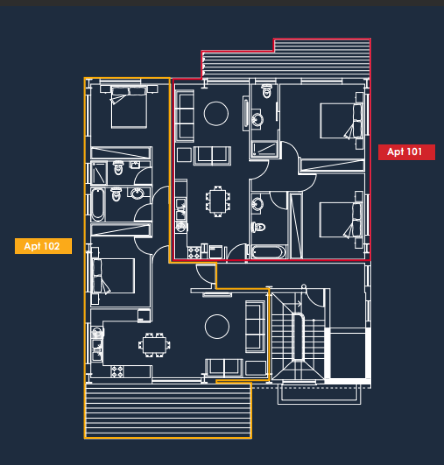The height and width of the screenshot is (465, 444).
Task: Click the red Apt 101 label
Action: click(x=406, y=152)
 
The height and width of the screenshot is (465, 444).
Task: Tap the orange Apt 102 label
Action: click(x=43, y=246)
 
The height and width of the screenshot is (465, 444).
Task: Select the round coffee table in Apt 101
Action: click(x=216, y=114)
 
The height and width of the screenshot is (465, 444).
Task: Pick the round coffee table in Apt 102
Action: click(x=217, y=326)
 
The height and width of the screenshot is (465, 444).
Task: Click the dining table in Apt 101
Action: click(x=218, y=201)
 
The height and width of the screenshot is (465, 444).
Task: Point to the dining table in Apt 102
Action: click(x=154, y=345)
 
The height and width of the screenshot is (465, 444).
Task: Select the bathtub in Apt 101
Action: click(x=268, y=252)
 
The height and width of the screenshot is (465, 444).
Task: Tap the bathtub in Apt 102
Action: click(x=98, y=205)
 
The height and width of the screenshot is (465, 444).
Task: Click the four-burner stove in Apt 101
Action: click(x=193, y=252)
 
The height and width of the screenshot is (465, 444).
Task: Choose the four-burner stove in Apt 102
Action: click(x=117, y=371)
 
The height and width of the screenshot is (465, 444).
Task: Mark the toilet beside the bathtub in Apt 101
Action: click(x=258, y=227)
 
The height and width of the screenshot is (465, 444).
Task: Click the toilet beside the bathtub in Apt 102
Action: click(x=116, y=194)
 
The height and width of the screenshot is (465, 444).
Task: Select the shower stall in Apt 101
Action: click(x=264, y=149)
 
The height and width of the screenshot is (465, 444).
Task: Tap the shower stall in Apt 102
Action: click(x=99, y=173)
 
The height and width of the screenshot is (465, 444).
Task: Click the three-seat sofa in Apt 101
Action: click(x=185, y=116)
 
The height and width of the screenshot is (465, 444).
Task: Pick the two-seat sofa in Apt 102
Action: click(x=224, y=368)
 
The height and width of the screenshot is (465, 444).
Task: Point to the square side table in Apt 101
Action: click(x=184, y=155)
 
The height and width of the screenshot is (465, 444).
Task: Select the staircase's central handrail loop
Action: click(x=298, y=336)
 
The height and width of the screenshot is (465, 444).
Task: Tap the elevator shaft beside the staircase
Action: click(x=348, y=353)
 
